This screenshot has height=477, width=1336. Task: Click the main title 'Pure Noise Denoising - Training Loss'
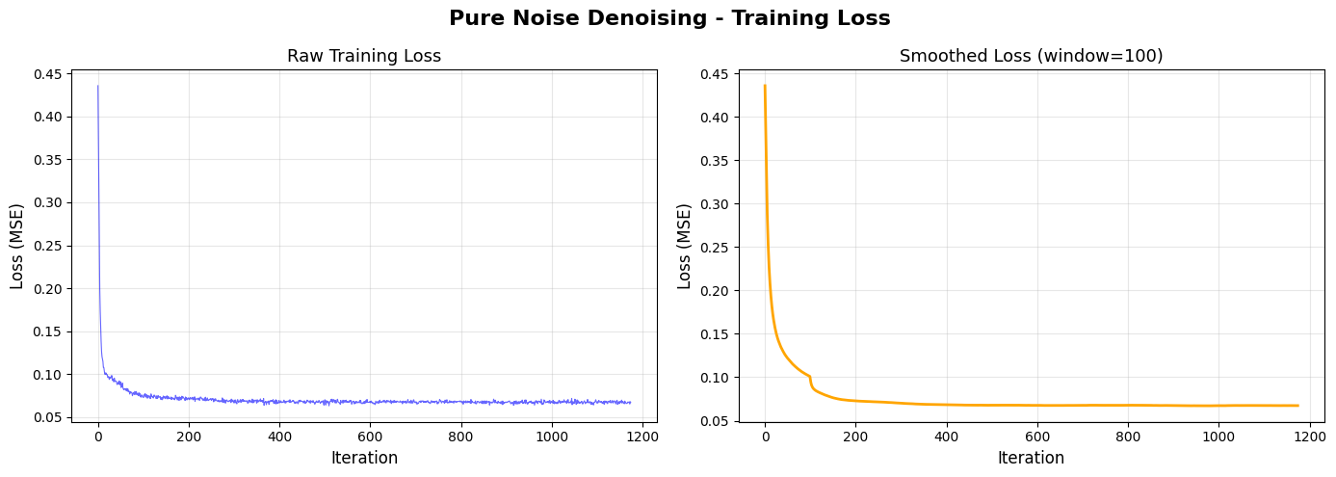668,18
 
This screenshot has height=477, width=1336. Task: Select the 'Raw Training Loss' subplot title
364,56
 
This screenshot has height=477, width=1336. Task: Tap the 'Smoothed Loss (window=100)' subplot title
1031,56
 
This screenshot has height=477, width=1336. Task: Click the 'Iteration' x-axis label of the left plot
364,458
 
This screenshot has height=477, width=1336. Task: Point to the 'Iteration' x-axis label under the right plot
1031,458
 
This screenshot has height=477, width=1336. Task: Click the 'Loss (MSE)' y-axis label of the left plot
17,246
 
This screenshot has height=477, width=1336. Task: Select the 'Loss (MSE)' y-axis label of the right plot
685,246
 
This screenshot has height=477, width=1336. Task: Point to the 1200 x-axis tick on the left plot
642,436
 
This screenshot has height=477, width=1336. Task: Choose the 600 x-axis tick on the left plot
370,436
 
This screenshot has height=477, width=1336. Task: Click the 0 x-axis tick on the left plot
98,436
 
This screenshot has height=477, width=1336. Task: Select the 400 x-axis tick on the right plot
946,436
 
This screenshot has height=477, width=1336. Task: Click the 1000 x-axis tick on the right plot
1218,436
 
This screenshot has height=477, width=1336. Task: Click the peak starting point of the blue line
98,87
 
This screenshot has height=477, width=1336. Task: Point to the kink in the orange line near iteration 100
810,377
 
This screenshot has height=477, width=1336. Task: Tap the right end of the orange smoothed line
1297,406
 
